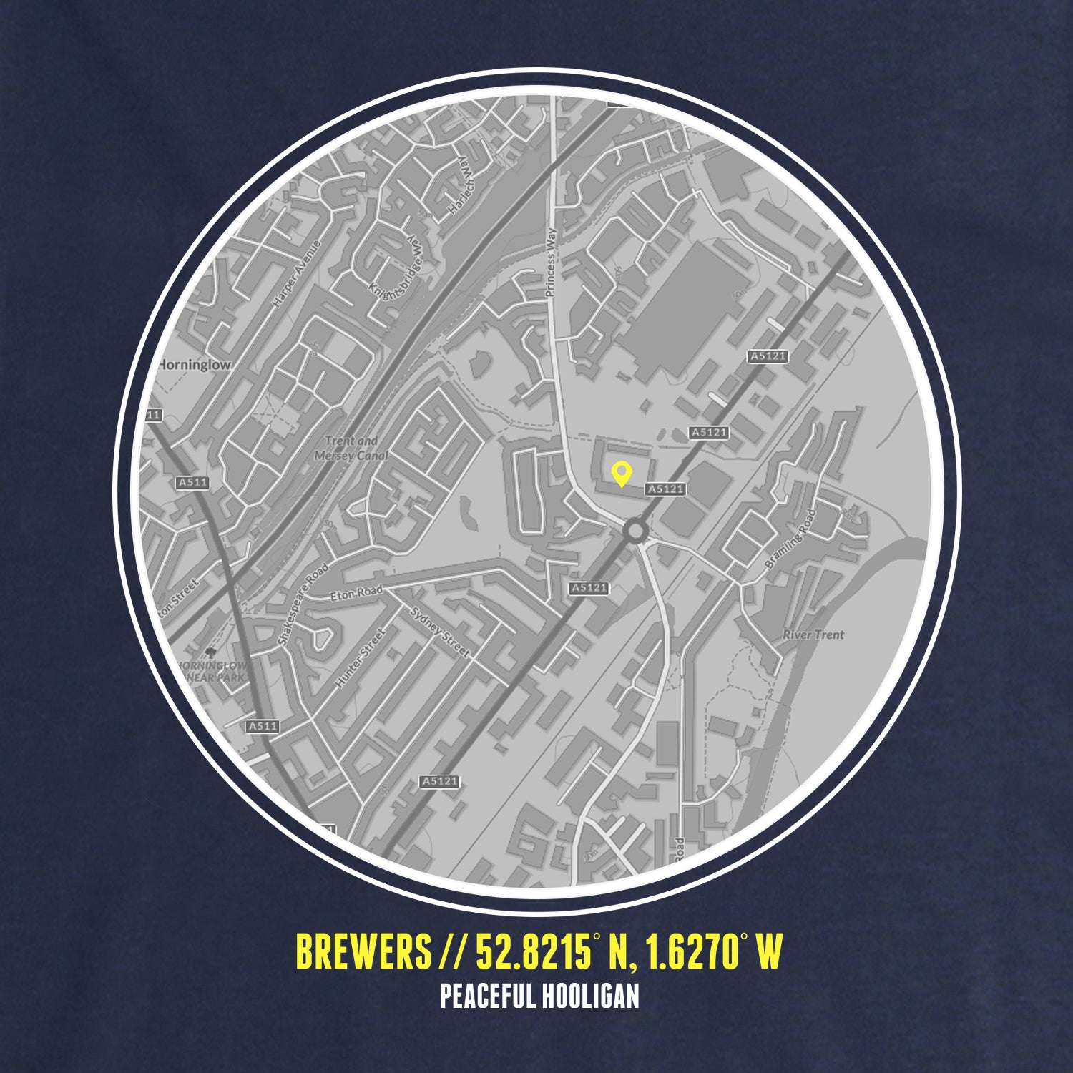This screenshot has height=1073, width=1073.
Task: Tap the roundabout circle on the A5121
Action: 635,531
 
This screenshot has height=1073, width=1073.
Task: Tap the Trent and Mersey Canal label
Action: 352,449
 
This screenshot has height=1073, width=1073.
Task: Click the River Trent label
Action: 813,635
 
